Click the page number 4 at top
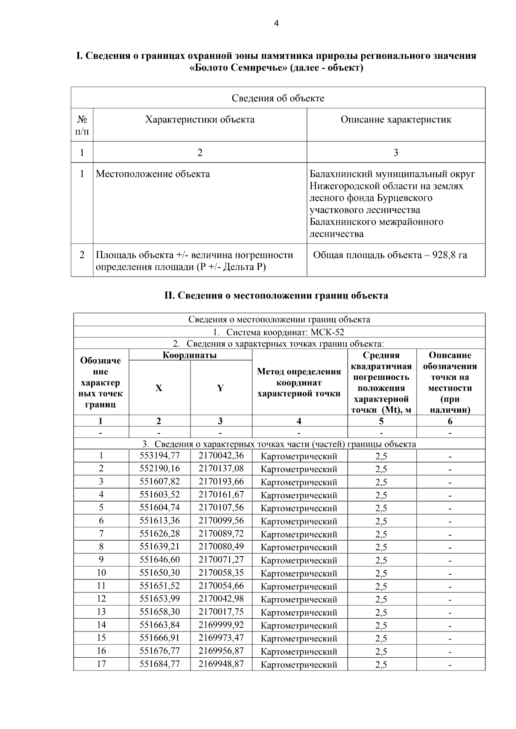pyautogui.click(x=276, y=24)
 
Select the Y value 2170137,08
pyautogui.click(x=221, y=468)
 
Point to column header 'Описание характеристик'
pyautogui.click(x=396, y=119)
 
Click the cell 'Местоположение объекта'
pyautogui.click(x=153, y=174)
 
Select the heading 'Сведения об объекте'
pyautogui.click(x=278, y=98)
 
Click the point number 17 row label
pyautogui.click(x=101, y=664)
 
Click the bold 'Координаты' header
pyautogui.click(x=190, y=355)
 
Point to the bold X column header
pyautogui.click(x=159, y=388)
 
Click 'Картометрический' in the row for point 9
pyautogui.click(x=299, y=560)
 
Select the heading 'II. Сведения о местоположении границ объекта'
pyautogui.click(x=276, y=296)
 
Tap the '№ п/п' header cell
pyautogui.click(x=82, y=125)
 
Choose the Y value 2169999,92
pyautogui.click(x=221, y=625)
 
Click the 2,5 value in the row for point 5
pyautogui.click(x=381, y=508)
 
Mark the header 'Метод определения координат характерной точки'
pyautogui.click(x=299, y=382)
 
